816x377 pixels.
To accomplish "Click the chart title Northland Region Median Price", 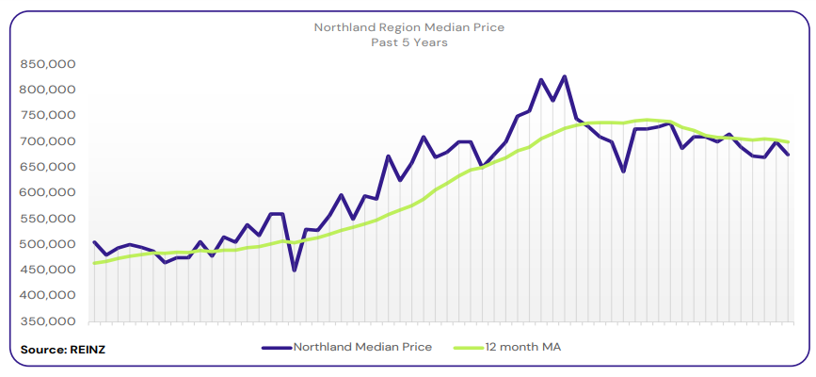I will pyautogui.click(x=408, y=27).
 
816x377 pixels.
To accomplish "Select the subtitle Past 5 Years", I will pyautogui.click(x=408, y=42).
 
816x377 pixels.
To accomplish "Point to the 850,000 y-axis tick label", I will pyautogui.click(x=47, y=64).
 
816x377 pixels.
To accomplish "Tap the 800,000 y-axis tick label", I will pyautogui.click(x=47, y=90).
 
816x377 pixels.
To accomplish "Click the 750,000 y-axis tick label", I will pyautogui.click(x=47, y=115).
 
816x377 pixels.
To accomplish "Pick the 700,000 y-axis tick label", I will pyautogui.click(x=47, y=141).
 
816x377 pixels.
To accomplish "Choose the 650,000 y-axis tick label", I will pyautogui.click(x=47, y=167).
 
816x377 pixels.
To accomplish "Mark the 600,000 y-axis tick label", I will pyautogui.click(x=47, y=192).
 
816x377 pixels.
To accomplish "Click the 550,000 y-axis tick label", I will pyautogui.click(x=47, y=218).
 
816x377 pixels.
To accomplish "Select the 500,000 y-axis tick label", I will pyautogui.click(x=47, y=244).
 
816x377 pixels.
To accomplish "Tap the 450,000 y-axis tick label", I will pyautogui.click(x=47, y=270).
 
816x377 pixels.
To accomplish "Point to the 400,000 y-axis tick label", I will pyautogui.click(x=47, y=295).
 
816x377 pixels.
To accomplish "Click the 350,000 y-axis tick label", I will pyautogui.click(x=47, y=320).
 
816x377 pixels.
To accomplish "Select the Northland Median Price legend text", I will pyautogui.click(x=362, y=347).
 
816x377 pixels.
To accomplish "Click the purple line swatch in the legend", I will pyautogui.click(x=276, y=347).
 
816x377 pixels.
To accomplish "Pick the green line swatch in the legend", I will pyautogui.click(x=471, y=347).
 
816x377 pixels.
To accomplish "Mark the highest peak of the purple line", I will pyautogui.click(x=564, y=76).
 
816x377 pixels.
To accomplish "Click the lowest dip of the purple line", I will pyautogui.click(x=295, y=270).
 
